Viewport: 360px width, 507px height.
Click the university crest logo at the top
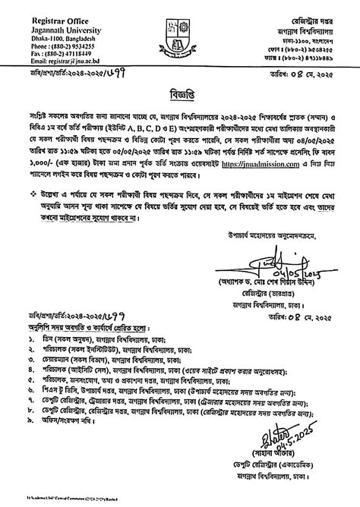point(180,31)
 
